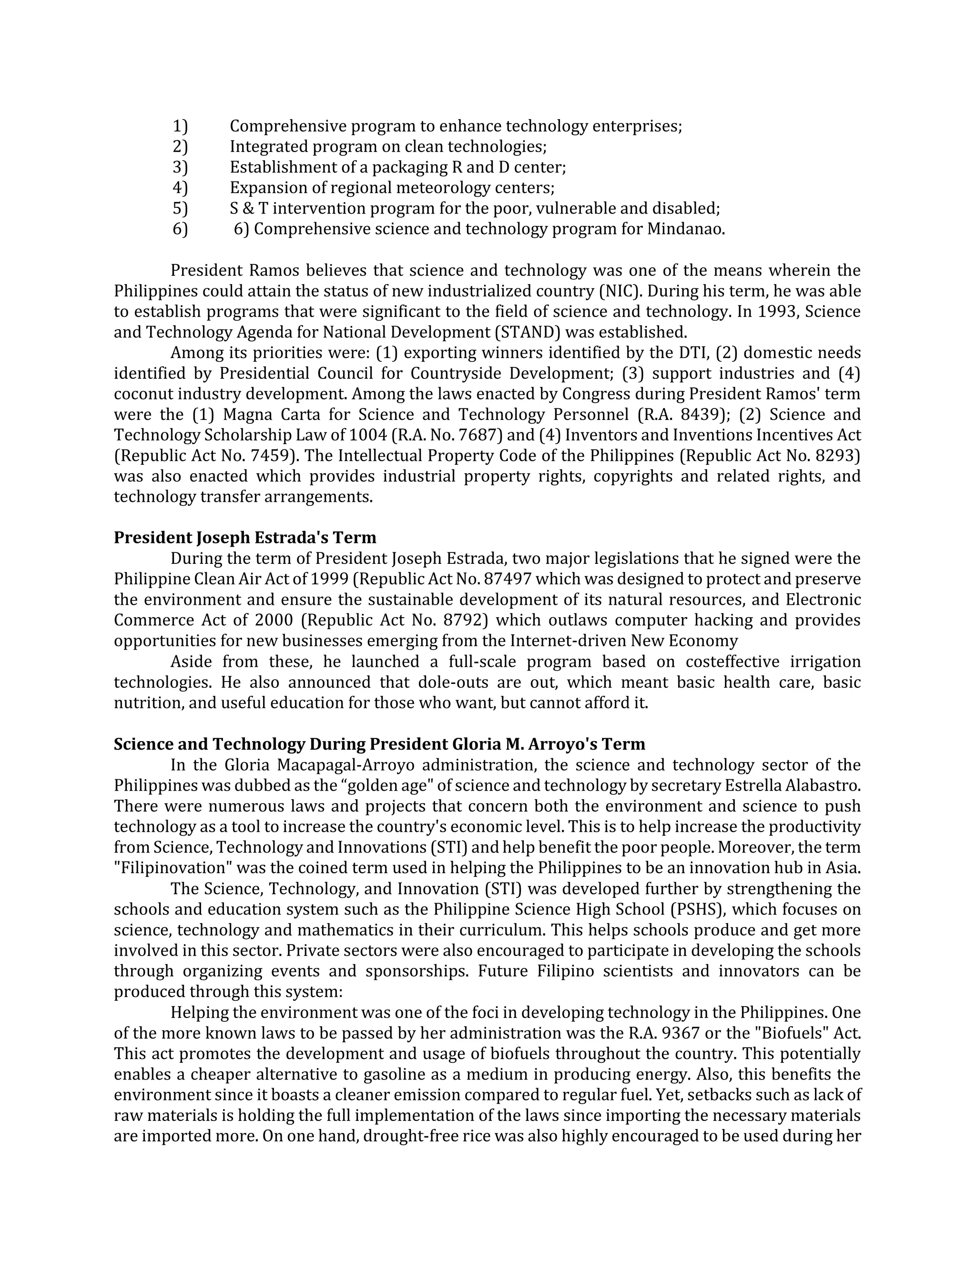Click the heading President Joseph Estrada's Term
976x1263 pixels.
(x=244, y=538)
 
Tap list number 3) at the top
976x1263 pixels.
(x=180, y=167)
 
